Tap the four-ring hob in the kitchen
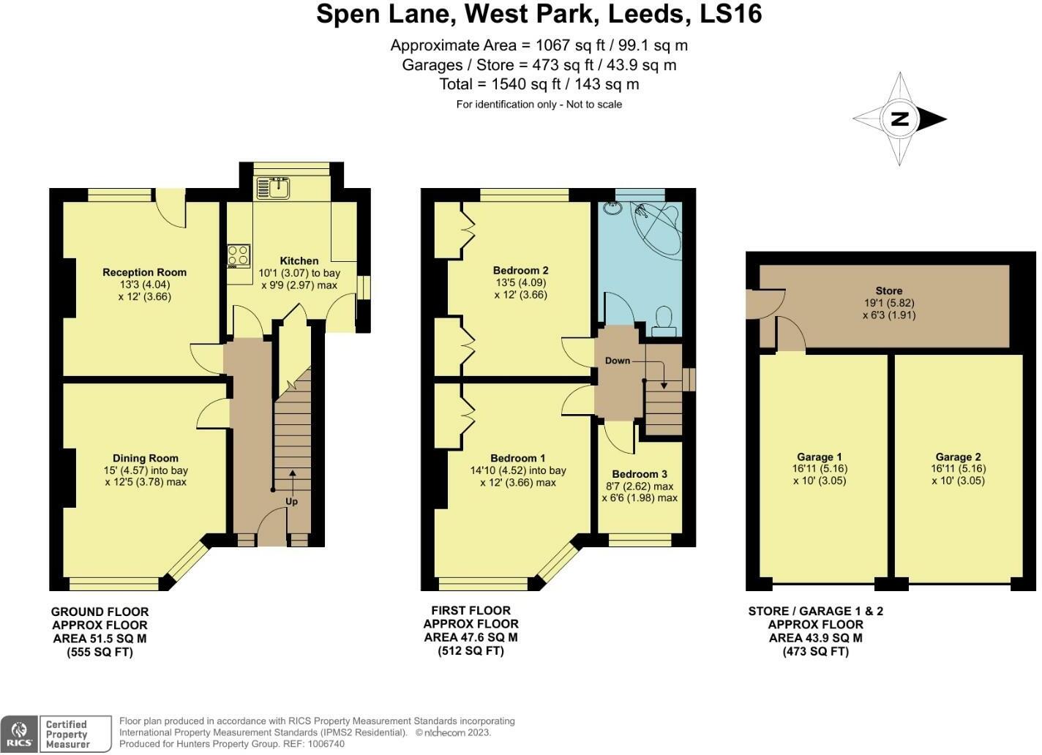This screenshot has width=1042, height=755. coord(239,256)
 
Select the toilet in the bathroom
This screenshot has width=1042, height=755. coord(664,321)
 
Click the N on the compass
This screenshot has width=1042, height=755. coord(899,119)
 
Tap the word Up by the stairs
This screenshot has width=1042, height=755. coord(292,502)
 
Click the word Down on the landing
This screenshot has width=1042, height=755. coord(618,361)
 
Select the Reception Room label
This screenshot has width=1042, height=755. coord(145,273)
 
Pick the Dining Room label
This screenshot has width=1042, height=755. coord(146,458)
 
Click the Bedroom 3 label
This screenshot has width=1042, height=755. coord(640,474)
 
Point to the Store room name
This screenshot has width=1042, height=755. coord(889,290)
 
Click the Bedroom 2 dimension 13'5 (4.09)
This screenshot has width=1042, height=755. coord(521,282)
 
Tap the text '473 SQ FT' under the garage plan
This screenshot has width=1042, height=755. coord(816,651)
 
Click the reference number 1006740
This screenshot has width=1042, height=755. coord(325,744)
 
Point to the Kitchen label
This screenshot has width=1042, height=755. coord(299,261)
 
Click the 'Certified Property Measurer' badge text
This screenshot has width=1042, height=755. coord(67,734)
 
